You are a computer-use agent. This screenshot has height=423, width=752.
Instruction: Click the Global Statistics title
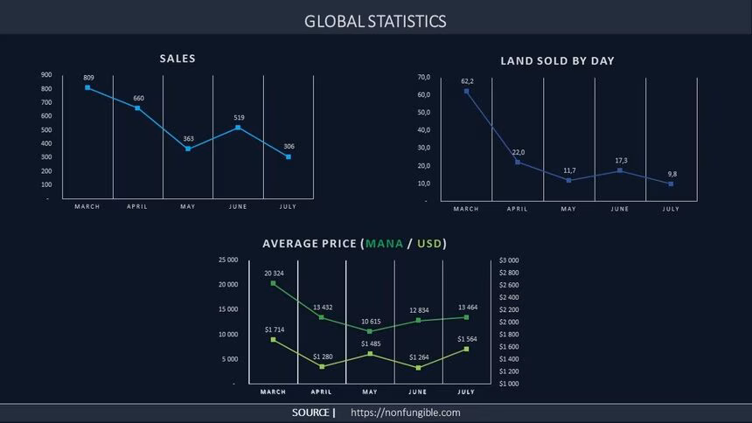click(x=375, y=21)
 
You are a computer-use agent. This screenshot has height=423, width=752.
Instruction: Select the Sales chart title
click(x=178, y=59)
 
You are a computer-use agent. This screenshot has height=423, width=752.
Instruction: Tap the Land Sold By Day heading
click(x=557, y=61)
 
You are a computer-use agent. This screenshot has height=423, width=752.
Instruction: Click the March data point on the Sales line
click(x=87, y=87)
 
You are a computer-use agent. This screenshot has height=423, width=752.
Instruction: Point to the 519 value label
click(x=239, y=117)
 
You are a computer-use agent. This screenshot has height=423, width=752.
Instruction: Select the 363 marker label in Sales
click(x=188, y=139)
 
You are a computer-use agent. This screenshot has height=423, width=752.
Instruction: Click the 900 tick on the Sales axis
click(x=46, y=75)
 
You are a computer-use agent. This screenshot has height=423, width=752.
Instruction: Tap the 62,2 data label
click(x=467, y=80)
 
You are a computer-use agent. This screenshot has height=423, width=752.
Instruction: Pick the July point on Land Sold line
click(x=671, y=184)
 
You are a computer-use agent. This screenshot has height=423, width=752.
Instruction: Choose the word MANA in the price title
click(x=384, y=244)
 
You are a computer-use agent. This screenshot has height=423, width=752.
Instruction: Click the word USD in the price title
click(x=428, y=244)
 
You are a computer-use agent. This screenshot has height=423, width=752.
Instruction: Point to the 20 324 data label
click(x=274, y=274)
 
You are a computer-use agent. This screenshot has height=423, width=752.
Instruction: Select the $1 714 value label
click(x=274, y=329)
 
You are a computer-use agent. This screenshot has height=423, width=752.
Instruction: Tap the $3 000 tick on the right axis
click(x=509, y=260)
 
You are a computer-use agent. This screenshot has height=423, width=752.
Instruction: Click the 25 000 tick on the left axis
click(x=227, y=260)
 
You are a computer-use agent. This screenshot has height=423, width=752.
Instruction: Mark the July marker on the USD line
click(x=466, y=349)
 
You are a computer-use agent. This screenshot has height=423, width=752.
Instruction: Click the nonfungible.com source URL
click(x=405, y=413)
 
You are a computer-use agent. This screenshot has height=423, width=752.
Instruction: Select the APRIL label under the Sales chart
click(x=137, y=206)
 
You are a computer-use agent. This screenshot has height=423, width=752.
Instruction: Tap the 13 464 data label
click(x=466, y=307)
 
